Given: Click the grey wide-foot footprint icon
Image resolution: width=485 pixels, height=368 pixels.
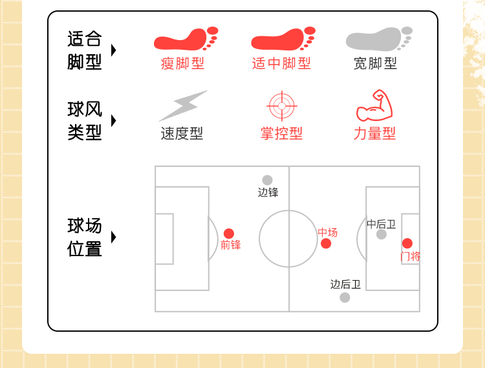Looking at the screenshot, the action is pyautogui.click(x=379, y=39).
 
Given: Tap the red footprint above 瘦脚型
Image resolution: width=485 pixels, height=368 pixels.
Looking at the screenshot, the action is pyautogui.click(x=186, y=39).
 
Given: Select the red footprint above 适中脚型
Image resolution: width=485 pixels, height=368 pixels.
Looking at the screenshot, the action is pyautogui.click(x=283, y=39).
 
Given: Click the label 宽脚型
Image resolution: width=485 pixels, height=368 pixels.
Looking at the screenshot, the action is pyautogui.click(x=375, y=63).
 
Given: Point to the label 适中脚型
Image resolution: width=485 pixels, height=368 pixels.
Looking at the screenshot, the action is pyautogui.click(x=281, y=63).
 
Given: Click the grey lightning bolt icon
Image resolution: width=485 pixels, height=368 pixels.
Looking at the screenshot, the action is pyautogui.click(x=182, y=105).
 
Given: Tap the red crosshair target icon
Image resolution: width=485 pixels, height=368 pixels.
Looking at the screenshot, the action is pyautogui.click(x=281, y=106).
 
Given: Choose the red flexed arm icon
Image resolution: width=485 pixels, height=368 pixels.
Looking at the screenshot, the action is pyautogui.click(x=375, y=106).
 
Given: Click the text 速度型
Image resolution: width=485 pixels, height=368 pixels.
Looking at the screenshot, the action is pyautogui.click(x=182, y=134).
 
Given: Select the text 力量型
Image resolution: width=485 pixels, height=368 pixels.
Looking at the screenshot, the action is pyautogui.click(x=374, y=134).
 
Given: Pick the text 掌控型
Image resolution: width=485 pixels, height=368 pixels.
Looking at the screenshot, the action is pyautogui.click(x=281, y=134).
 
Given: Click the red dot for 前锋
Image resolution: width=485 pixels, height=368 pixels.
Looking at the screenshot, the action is pyautogui.click(x=229, y=233).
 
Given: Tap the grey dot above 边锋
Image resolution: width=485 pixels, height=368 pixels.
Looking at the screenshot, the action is pyautogui.click(x=268, y=180).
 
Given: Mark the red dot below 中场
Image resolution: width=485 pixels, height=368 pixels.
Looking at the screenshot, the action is pyautogui.click(x=326, y=243).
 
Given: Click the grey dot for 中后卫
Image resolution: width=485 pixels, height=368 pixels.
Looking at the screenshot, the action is pyautogui.click(x=382, y=234).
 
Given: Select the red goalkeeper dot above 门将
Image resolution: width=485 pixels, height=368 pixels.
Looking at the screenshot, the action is pyautogui.click(x=407, y=243).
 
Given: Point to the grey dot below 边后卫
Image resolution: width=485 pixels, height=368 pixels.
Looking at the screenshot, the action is pyautogui.click(x=345, y=298).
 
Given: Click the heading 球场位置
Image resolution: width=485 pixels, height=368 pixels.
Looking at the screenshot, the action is pyautogui.click(x=85, y=237).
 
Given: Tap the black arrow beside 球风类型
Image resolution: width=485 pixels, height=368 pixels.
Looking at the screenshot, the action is pyautogui.click(x=114, y=121).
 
